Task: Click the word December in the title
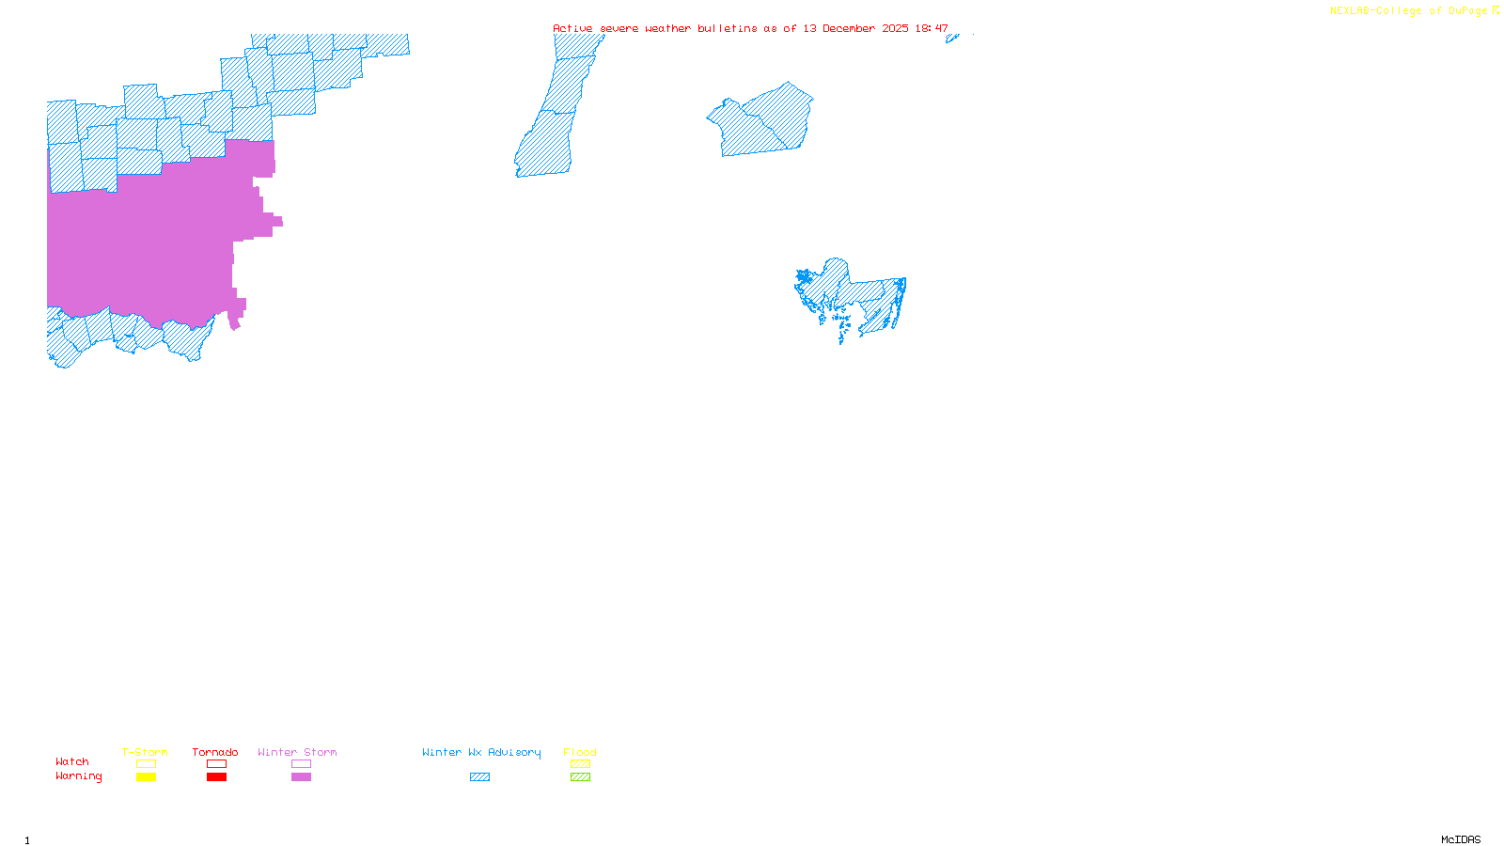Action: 852,28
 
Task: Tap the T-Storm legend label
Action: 145,752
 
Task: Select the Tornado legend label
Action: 215,752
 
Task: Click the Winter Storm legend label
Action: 297,752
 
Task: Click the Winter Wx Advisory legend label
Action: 481,752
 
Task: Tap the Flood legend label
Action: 580,752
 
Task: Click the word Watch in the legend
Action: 72,761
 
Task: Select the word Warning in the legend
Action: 79,776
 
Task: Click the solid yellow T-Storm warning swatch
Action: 146,777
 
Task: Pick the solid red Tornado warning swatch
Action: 216,777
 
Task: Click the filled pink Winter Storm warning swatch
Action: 301,777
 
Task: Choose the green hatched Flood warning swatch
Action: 580,777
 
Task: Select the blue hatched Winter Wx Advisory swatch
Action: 479,777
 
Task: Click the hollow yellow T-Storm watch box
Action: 146,764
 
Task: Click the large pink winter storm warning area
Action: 150,244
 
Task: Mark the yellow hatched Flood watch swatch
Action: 580,764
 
